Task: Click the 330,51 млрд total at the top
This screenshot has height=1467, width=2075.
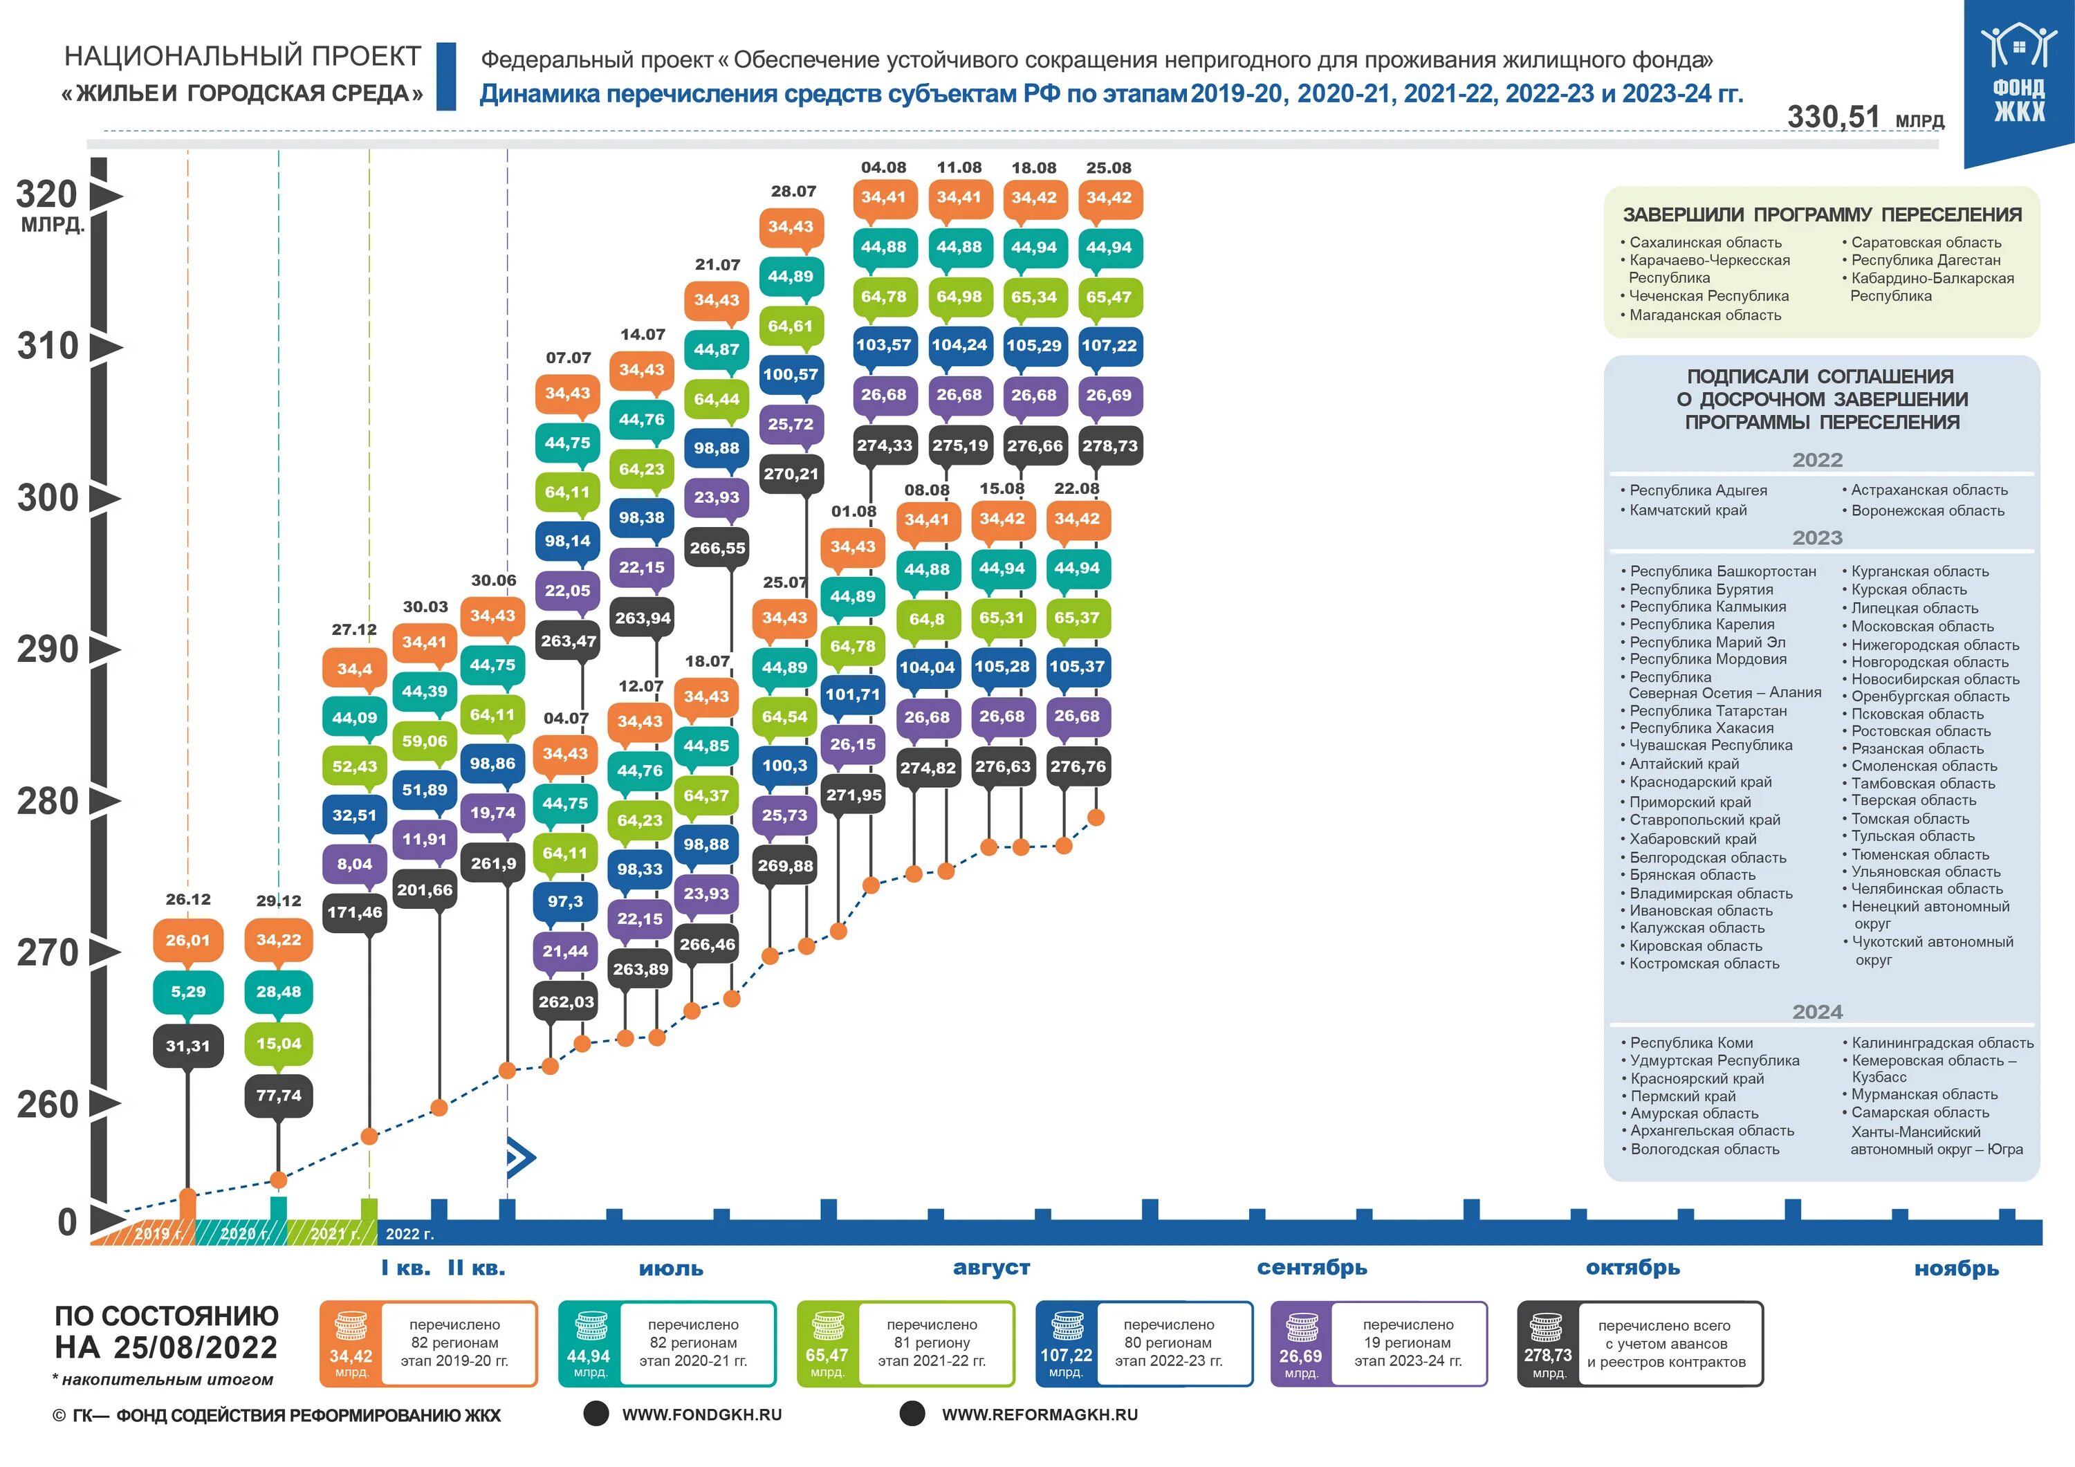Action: [1865, 118]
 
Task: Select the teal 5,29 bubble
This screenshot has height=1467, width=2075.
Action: [188, 992]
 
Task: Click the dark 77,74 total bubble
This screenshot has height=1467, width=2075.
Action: [278, 1096]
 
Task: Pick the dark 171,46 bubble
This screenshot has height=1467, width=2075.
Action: [354, 912]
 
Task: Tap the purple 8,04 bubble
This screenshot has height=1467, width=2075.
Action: [354, 864]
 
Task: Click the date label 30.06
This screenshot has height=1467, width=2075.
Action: [493, 580]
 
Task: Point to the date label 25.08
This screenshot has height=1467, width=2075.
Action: [1109, 168]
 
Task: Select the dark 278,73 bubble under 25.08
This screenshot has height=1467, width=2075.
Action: [1111, 445]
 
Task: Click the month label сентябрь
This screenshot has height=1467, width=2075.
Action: [1311, 1267]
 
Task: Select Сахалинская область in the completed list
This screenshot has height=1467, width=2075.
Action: [1706, 242]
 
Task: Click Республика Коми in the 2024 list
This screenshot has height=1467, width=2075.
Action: [1691, 1042]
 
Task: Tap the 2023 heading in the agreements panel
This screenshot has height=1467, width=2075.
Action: [1818, 538]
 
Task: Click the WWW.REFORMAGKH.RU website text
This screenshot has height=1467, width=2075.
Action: [1040, 1414]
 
